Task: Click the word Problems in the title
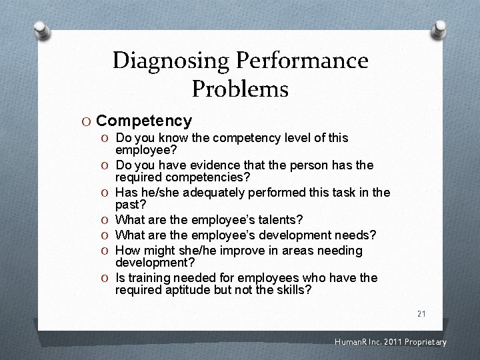click(240, 89)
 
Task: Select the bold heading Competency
click(144, 121)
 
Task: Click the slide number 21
click(421, 313)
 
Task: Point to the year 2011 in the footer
click(391, 343)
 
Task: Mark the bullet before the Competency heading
click(87, 121)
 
